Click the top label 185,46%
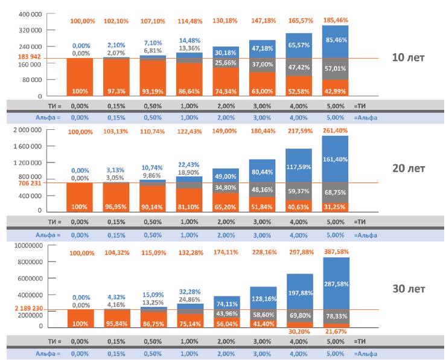pyautogui.click(x=336, y=20)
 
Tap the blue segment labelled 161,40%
pyautogui.click(x=336, y=158)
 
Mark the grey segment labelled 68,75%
pyautogui.click(x=336, y=191)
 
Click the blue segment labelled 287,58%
pyautogui.click(x=336, y=283)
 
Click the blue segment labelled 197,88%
pyautogui.click(x=299, y=292)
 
